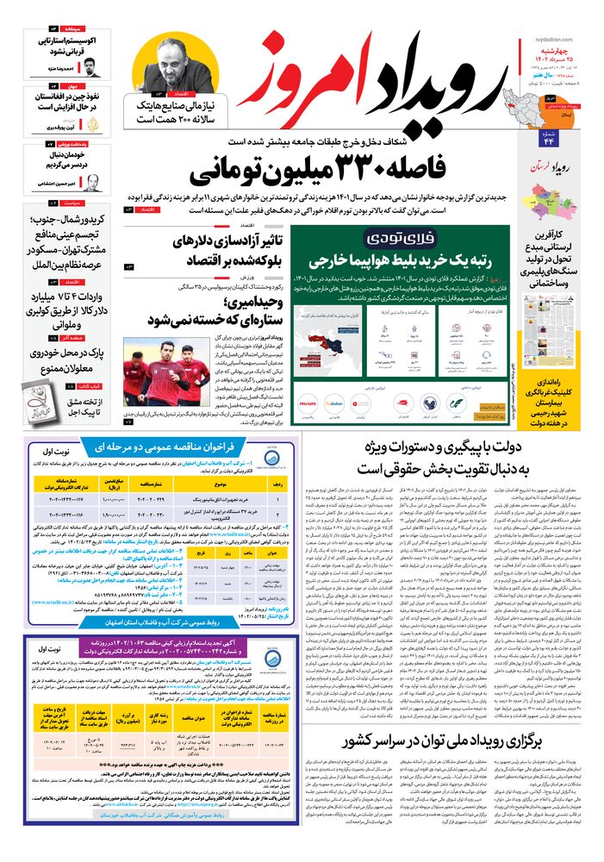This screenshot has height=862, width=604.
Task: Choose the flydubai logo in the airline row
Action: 333,402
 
